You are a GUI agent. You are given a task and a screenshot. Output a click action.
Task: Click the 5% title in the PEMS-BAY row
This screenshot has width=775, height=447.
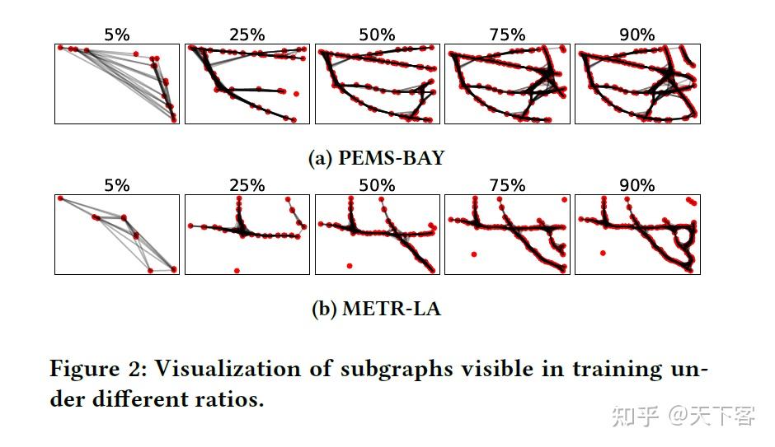tap(116, 35)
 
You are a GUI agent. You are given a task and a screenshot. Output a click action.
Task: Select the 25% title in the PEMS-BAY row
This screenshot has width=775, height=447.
tap(247, 35)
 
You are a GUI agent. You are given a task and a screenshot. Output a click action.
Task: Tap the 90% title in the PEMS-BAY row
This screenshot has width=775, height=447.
tap(636, 35)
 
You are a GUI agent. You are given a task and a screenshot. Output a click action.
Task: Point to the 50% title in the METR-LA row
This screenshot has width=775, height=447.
tap(377, 185)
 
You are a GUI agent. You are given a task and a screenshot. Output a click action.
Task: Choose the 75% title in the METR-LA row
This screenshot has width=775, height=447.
tap(507, 185)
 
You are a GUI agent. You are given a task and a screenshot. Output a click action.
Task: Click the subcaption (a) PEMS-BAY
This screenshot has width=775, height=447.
tap(376, 158)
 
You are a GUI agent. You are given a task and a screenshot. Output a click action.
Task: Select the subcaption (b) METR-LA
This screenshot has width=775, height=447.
tap(376, 310)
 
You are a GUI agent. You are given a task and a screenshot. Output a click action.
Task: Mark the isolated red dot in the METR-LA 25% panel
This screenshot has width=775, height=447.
tap(237, 270)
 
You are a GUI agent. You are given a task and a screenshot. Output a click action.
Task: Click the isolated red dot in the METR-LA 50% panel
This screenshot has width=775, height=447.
tap(350, 266)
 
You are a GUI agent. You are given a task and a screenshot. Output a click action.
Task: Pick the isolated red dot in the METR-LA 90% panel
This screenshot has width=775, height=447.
tap(604, 254)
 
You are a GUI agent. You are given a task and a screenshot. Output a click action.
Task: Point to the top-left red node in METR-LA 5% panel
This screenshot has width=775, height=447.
tap(60, 198)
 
